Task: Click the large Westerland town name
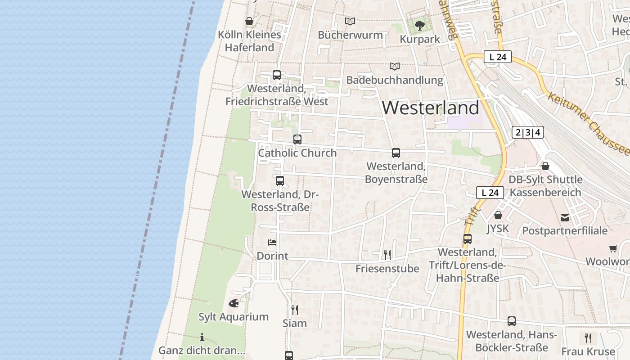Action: (x=431, y=108)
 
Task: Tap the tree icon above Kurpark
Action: (x=420, y=25)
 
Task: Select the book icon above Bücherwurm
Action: (x=350, y=21)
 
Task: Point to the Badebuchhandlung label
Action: (x=395, y=80)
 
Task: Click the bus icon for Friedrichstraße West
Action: (x=277, y=75)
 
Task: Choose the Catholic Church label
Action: (x=297, y=153)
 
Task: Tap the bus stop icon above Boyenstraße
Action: (x=396, y=153)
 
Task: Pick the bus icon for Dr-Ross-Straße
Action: (x=280, y=181)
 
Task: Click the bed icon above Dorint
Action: (x=272, y=243)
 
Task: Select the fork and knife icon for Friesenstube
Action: (x=387, y=255)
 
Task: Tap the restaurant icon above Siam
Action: (x=295, y=310)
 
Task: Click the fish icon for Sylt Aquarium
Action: (x=234, y=303)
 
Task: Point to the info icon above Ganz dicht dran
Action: (x=202, y=337)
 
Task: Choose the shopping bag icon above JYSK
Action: (x=498, y=215)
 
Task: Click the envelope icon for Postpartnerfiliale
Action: (x=565, y=218)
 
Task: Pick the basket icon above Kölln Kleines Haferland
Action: (x=249, y=21)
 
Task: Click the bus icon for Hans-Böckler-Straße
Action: (x=512, y=321)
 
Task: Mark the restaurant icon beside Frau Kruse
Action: (x=588, y=338)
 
